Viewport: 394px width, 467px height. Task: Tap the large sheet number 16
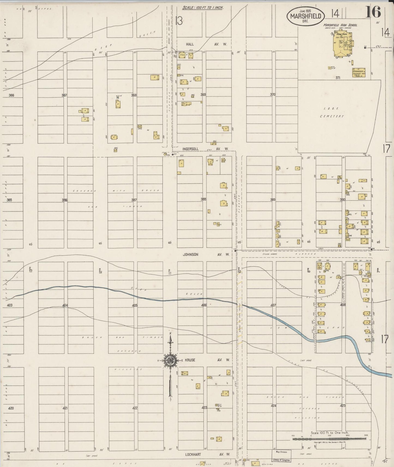(x=373, y=12)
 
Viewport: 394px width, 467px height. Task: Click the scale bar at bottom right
(x=329, y=438)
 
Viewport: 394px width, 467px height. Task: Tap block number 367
(x=64, y=95)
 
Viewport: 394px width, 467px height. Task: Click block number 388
(x=203, y=199)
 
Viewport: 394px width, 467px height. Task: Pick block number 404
(x=65, y=305)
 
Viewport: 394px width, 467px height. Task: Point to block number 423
(x=204, y=408)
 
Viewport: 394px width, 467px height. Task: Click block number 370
(x=273, y=95)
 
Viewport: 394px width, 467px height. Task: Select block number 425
(x=343, y=406)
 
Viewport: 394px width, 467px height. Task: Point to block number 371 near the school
(x=338, y=78)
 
